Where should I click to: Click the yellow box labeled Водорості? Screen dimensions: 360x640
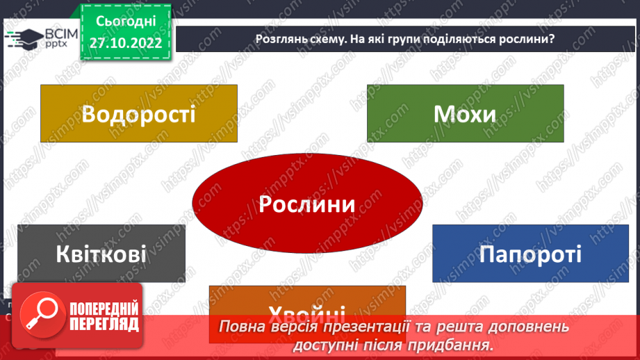point(139,113)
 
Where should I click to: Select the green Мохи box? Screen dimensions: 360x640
point(465,113)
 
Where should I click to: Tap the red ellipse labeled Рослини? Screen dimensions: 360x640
point(306,204)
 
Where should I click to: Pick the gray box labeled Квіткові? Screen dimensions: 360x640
point(101,253)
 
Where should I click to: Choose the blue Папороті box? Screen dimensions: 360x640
point(530,253)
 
